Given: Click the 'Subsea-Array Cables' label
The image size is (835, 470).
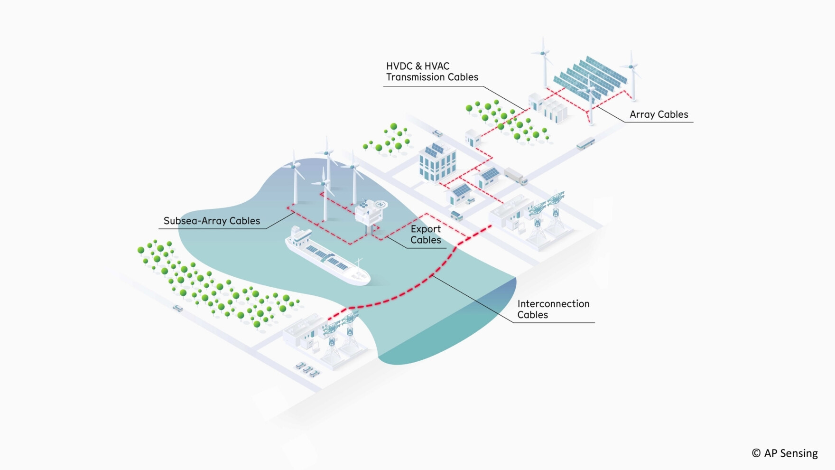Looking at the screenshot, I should (x=212, y=221).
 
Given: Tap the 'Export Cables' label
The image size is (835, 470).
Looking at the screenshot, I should (x=426, y=235).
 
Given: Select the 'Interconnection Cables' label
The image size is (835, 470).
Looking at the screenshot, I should (x=553, y=309).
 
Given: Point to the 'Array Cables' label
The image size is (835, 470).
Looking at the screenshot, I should (x=659, y=114).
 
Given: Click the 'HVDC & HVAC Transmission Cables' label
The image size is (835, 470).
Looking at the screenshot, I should (x=432, y=72).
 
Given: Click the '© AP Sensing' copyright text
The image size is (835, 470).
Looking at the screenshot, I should (x=785, y=453).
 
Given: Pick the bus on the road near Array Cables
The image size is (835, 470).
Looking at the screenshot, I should (x=585, y=143).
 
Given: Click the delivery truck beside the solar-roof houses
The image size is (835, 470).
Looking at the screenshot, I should (x=515, y=176).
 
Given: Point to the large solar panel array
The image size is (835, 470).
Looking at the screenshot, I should (x=591, y=76).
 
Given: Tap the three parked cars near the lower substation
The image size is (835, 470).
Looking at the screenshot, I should (x=307, y=369).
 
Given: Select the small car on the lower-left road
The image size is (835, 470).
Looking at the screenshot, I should (x=178, y=309).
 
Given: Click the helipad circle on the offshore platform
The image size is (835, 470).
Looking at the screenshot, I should (x=380, y=205).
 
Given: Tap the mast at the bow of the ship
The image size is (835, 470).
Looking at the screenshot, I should (x=359, y=263).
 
